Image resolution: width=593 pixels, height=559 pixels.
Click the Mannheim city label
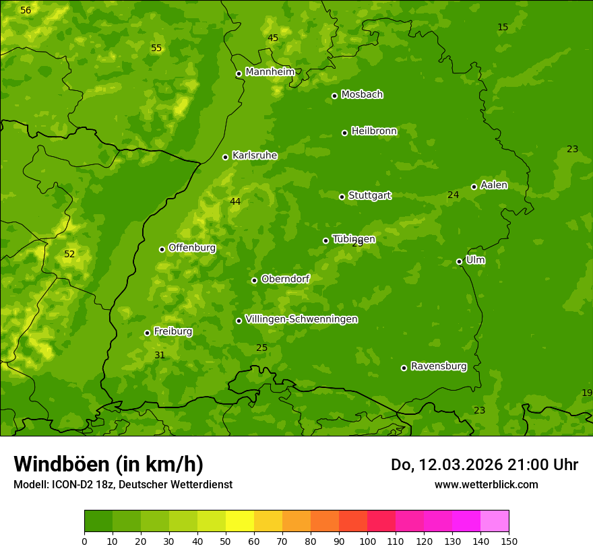[x=270, y=72]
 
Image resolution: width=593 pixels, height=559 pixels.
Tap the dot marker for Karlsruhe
[x=225, y=157]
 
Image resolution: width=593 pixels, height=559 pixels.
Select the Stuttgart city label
[x=369, y=196]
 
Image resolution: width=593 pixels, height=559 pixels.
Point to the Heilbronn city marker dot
[x=344, y=133]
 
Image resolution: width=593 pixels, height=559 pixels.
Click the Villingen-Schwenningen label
[x=301, y=319]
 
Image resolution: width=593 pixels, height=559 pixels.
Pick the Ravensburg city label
[x=438, y=366]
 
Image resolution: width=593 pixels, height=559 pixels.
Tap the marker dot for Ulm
[x=459, y=261]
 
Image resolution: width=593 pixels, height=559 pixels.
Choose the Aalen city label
[x=494, y=185]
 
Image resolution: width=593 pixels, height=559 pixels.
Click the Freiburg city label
[x=173, y=331]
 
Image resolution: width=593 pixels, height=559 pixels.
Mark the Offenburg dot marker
[x=162, y=249]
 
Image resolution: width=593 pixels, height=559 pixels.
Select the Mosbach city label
[x=362, y=95]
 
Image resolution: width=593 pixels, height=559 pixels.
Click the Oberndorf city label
[x=285, y=279]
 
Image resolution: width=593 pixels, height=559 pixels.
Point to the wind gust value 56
[x=26, y=10]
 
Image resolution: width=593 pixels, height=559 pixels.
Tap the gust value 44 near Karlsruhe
[x=235, y=201]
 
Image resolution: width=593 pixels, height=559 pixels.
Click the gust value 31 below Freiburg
[x=160, y=355]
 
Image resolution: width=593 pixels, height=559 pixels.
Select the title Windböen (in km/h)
[x=108, y=464]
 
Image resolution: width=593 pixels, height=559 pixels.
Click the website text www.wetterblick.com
[x=486, y=484]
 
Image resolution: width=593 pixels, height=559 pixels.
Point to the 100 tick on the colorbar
[x=367, y=541]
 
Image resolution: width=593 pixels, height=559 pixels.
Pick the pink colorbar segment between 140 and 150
[x=495, y=521]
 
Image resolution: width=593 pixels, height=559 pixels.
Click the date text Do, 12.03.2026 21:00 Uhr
[x=485, y=465]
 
